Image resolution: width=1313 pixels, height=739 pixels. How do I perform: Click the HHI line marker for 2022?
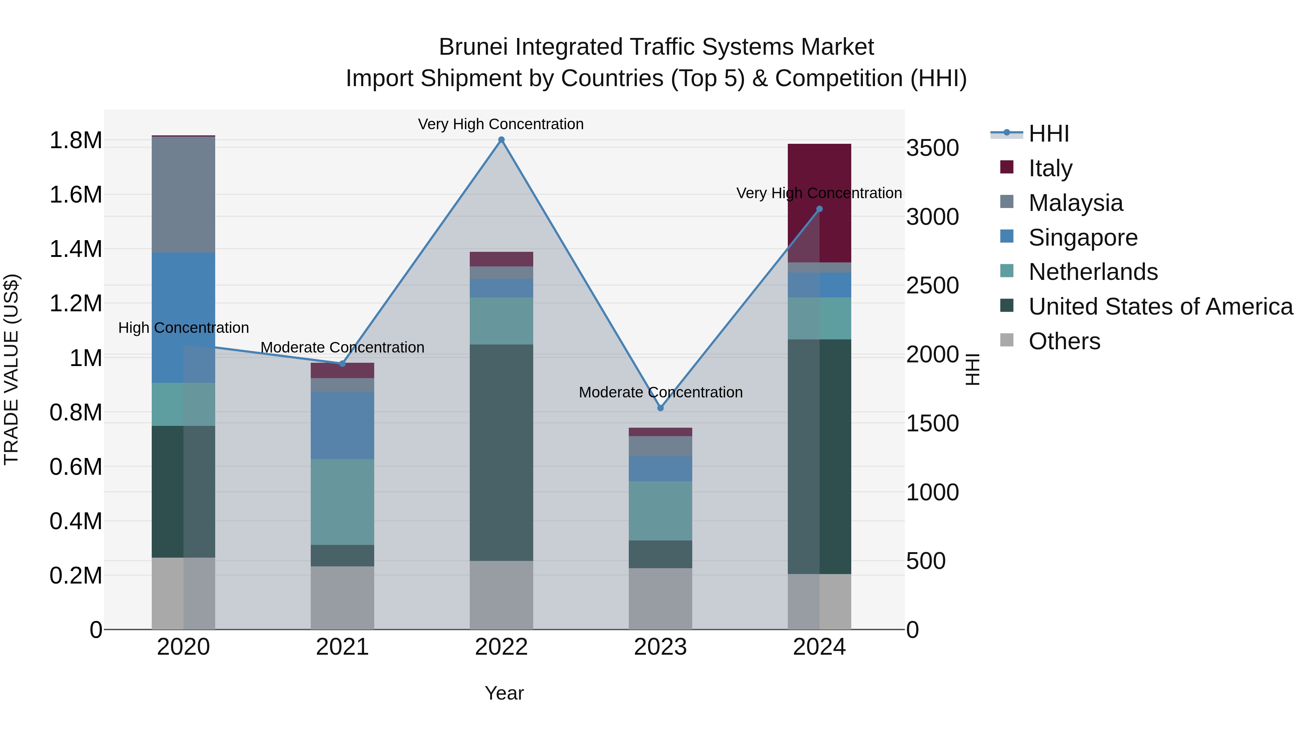tap(501, 140)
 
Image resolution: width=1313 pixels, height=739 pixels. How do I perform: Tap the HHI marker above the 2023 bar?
tap(660, 408)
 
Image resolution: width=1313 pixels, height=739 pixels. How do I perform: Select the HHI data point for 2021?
tap(342, 363)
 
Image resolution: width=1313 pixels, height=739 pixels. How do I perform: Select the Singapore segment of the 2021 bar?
tap(342, 426)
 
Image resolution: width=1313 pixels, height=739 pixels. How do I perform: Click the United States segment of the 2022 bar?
tap(501, 453)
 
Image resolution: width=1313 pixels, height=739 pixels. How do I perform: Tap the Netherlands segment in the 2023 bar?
tap(660, 511)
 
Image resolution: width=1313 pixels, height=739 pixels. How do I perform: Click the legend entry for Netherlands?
tap(1092, 272)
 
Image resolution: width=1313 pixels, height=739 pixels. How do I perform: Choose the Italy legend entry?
tap(1050, 168)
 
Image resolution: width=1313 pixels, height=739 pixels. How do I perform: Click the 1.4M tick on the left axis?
tap(76, 249)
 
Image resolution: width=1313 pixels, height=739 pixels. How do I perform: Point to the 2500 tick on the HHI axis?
tap(932, 286)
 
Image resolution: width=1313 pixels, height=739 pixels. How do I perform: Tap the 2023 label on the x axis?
tap(660, 647)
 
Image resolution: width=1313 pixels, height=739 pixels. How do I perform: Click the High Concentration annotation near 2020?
tap(183, 328)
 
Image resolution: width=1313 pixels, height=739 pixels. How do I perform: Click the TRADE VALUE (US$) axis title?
tap(11, 369)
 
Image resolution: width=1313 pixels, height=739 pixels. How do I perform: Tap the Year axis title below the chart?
tap(504, 693)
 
